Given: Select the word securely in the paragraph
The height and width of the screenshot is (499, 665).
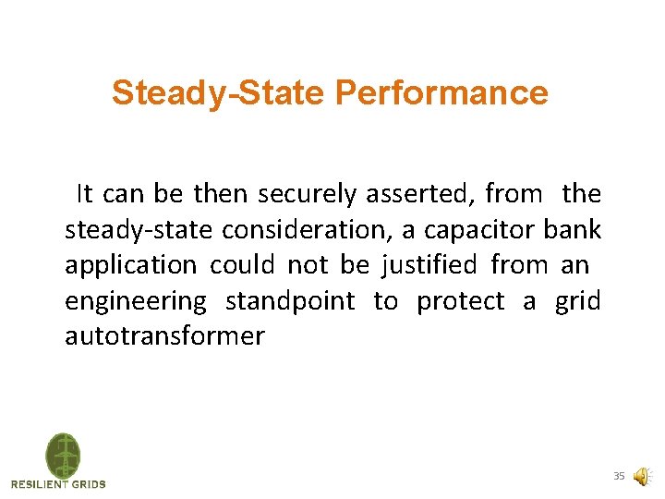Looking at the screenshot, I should point(308,194).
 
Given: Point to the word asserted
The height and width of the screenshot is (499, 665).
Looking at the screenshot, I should point(419,194).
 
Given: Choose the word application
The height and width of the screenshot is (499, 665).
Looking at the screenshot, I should point(130,266).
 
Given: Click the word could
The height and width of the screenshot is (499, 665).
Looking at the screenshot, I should point(242,266).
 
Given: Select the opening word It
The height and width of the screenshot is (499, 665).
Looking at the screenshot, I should point(85,194).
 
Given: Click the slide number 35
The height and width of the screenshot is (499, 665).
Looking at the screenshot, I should point(619,476).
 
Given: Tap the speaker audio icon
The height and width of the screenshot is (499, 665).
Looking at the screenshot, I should point(641,476).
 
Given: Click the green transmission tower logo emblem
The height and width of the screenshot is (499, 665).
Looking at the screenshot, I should point(63,455).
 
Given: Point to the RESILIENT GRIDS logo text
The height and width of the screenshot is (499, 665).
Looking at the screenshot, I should point(58,484).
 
